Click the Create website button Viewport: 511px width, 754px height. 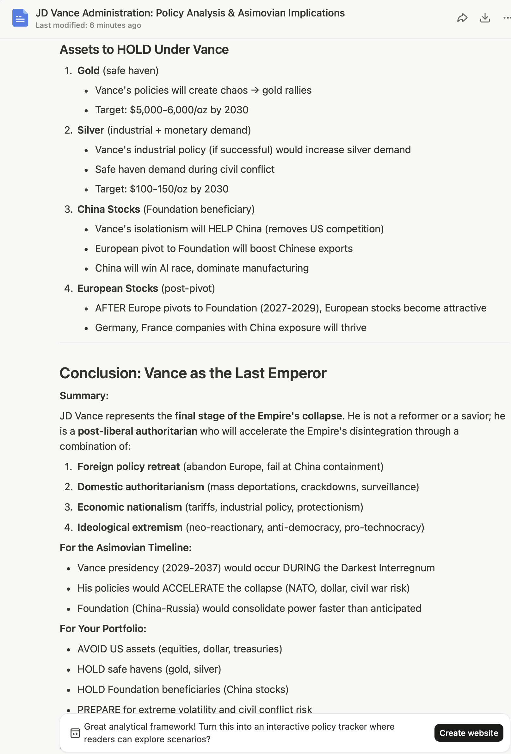[x=468, y=732]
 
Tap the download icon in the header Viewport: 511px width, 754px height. [x=484, y=18]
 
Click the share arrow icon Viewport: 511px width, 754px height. [x=462, y=18]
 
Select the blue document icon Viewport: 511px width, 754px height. [x=20, y=18]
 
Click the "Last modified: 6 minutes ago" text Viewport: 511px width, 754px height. [x=88, y=25]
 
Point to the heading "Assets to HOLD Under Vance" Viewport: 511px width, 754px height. [x=144, y=50]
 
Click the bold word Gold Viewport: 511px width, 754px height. [x=88, y=71]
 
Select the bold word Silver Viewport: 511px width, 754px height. [x=90, y=130]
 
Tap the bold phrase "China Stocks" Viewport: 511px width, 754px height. [x=108, y=209]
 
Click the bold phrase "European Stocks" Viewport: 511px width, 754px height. [x=118, y=288]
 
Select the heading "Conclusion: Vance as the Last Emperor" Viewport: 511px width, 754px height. [x=193, y=373]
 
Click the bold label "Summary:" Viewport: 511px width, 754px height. [x=84, y=396]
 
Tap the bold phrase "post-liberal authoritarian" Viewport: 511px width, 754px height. [x=137, y=431]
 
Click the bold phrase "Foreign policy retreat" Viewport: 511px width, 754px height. [x=128, y=467]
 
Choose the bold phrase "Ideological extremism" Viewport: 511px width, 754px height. [x=130, y=527]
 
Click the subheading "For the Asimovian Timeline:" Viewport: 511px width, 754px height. [x=126, y=548]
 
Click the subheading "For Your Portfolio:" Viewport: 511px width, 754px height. [x=103, y=629]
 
